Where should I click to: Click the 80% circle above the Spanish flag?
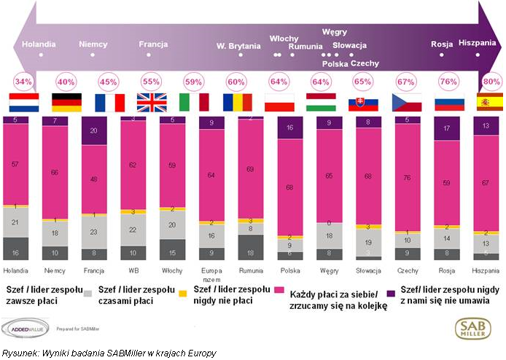[488, 80]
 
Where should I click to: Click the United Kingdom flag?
[151, 102]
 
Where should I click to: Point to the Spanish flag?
[488, 102]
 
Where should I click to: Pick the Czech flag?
[405, 102]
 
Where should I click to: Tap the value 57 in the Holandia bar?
[16, 165]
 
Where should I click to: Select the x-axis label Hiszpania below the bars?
[488, 270]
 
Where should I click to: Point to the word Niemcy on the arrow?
[93, 44]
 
